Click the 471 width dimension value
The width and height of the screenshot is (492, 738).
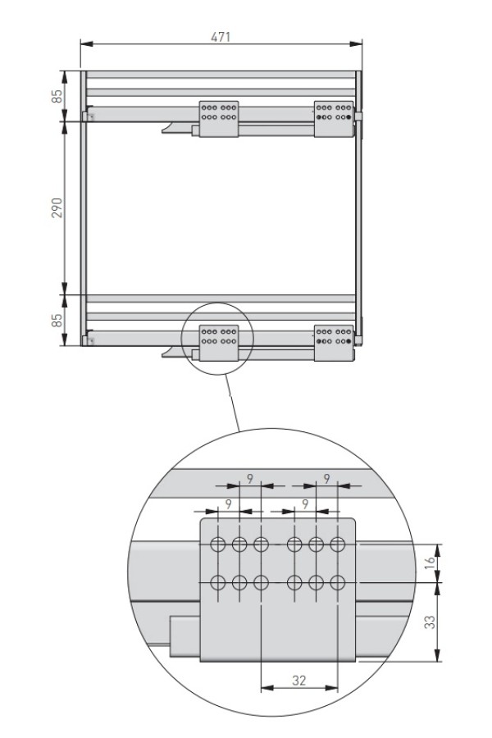[x=221, y=37]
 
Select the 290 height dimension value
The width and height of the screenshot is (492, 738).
[x=57, y=207]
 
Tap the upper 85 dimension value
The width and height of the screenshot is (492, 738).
[x=57, y=97]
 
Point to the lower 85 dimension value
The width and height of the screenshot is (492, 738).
[x=57, y=321]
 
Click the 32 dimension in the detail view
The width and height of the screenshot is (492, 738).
[x=299, y=680]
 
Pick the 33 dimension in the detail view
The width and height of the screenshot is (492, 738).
[x=430, y=622]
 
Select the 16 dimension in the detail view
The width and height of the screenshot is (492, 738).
[x=430, y=562]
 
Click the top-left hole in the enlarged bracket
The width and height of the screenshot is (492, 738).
[x=218, y=544]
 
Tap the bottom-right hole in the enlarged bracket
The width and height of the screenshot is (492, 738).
[x=337, y=583]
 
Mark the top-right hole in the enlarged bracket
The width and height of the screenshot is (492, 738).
[x=337, y=544]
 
